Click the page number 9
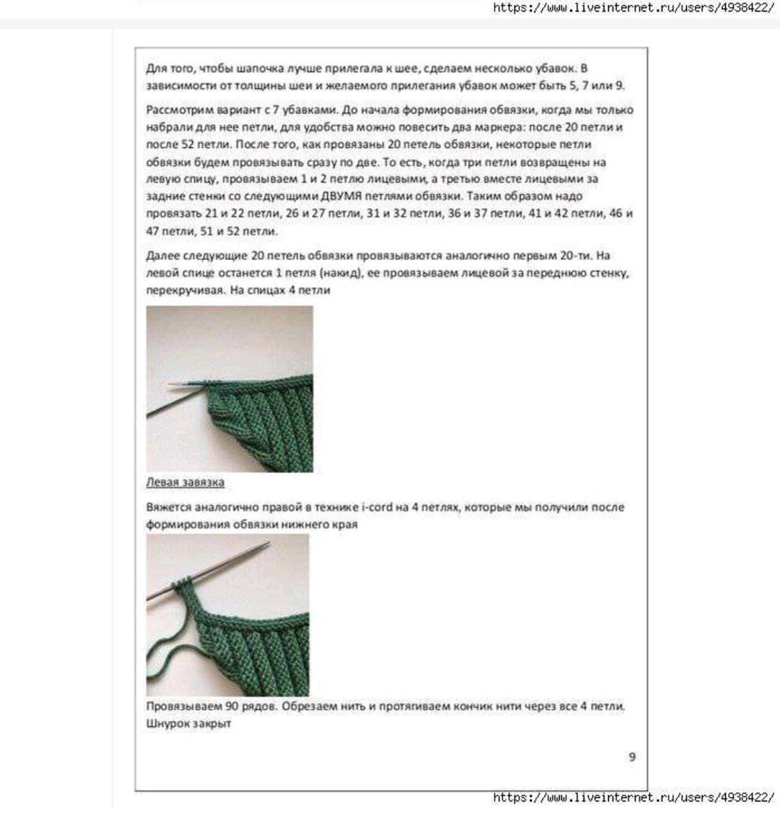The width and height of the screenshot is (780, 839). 632,757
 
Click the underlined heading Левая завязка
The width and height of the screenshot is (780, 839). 185,482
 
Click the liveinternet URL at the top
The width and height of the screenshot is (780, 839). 633,9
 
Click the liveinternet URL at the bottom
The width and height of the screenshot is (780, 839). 633,797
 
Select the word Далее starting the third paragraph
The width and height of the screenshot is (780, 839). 160,256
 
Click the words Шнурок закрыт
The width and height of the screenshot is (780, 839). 188,723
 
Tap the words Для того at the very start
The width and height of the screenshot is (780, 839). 165,69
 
